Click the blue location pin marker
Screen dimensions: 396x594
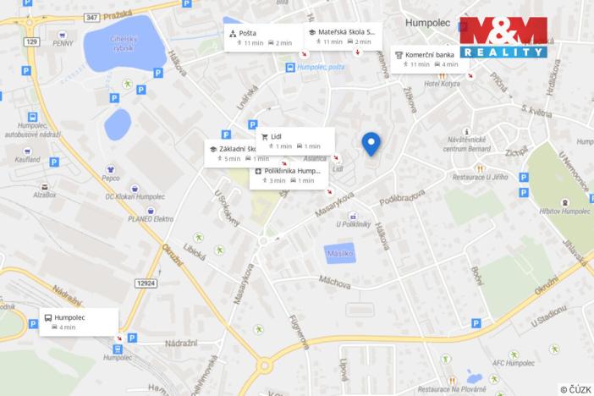371,144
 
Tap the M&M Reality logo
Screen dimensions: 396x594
502,37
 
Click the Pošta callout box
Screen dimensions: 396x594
261,37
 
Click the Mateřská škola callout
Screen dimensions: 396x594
342,36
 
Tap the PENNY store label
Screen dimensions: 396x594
63,42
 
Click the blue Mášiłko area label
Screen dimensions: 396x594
340,253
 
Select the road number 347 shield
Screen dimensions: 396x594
91,16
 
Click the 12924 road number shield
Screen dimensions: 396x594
146,283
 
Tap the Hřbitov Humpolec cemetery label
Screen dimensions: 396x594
564,211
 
